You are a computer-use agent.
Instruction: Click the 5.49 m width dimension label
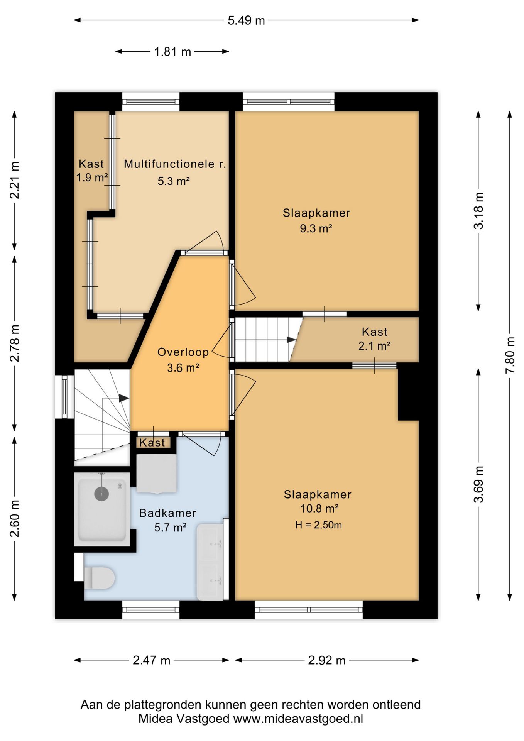(246, 20)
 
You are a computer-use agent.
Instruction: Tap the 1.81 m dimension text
(172, 52)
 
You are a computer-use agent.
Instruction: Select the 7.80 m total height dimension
(510, 355)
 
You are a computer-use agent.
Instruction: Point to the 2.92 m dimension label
(327, 660)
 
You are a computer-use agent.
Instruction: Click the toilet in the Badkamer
(99, 577)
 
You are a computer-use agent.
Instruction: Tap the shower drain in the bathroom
(101, 493)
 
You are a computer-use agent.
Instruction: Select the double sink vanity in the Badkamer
(210, 562)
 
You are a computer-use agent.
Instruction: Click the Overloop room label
(183, 352)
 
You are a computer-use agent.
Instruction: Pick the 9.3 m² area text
(316, 228)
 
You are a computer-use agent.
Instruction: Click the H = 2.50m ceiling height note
(318, 525)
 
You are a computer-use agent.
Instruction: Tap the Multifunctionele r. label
(174, 164)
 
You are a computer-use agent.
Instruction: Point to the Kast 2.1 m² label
(374, 338)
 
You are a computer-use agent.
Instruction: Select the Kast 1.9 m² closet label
(91, 171)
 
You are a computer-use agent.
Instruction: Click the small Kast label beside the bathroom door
(152, 443)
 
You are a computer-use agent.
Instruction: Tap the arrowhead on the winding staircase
(124, 398)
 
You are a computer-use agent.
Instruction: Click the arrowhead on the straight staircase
(292, 340)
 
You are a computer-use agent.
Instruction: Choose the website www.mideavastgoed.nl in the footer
(298, 719)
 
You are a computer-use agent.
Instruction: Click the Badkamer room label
(168, 513)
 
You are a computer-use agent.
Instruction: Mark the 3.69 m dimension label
(478, 484)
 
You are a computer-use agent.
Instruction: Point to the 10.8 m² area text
(319, 508)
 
